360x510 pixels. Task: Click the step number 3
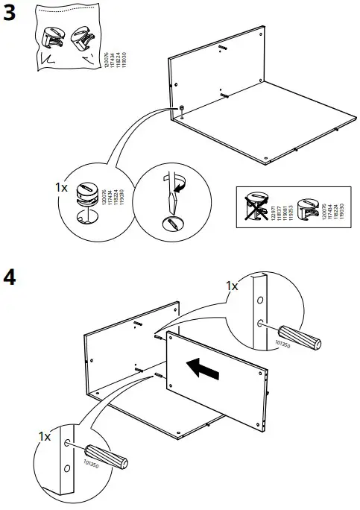pos(10,14)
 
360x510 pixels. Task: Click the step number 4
pos(10,277)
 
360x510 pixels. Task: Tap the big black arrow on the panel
pos(204,368)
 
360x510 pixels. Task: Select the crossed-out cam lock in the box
pos(256,205)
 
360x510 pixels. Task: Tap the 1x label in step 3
pos(63,189)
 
